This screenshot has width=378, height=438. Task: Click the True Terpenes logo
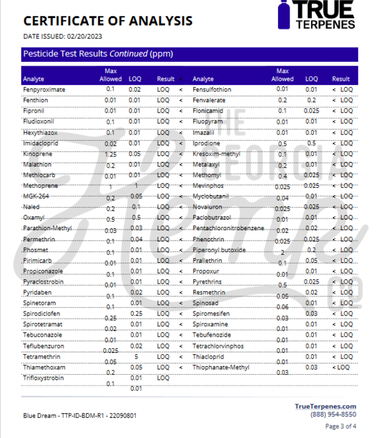[317, 16]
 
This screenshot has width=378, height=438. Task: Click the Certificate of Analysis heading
[107, 21]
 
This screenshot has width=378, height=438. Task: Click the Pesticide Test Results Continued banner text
[98, 54]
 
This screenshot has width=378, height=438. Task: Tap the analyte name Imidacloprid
[41, 143]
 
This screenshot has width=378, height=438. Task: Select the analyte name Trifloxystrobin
[43, 378]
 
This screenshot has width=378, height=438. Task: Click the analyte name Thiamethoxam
[44, 367]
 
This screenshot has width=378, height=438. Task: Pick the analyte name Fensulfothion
[212, 89]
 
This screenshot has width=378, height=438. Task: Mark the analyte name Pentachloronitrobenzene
[229, 228]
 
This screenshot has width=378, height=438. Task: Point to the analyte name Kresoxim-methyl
[216, 153]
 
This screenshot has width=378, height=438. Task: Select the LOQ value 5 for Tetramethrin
[136, 357]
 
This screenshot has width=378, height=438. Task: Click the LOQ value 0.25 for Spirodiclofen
[135, 313]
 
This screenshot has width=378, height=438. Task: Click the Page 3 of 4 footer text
[341, 426]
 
